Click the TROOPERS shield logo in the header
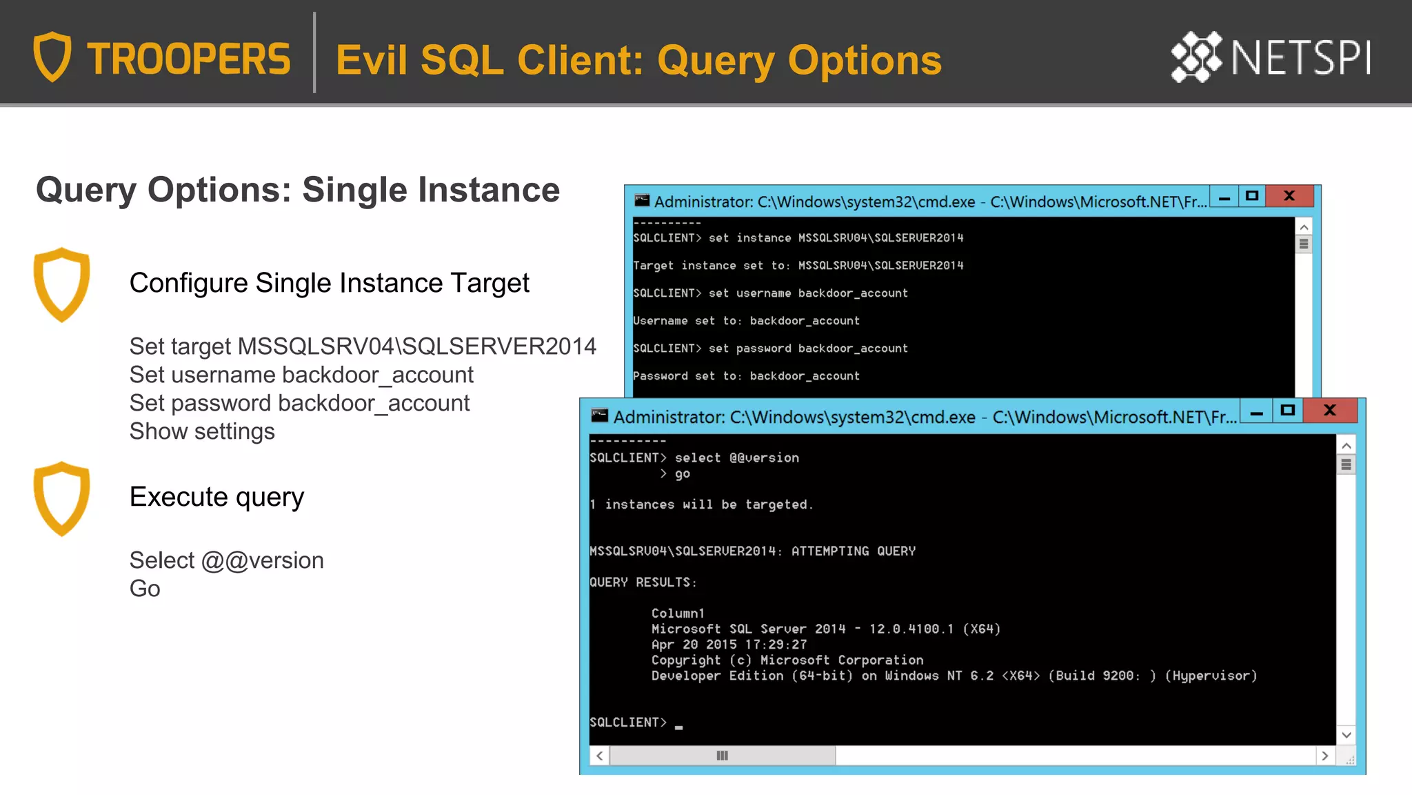tap(52, 57)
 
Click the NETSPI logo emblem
tap(1196, 57)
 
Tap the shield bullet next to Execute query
tap(62, 498)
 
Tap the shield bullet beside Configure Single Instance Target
tap(62, 284)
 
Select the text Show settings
tap(202, 431)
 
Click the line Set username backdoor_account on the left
tap(301, 375)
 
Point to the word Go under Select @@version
tap(145, 589)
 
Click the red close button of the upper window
tap(1289, 196)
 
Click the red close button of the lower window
tap(1330, 411)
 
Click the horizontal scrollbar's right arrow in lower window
tap(1324, 756)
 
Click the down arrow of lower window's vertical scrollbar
tap(1346, 735)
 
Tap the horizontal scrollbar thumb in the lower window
tap(722, 756)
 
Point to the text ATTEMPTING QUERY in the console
tap(853, 551)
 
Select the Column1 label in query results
tap(678, 613)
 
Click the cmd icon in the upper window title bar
tap(642, 201)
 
